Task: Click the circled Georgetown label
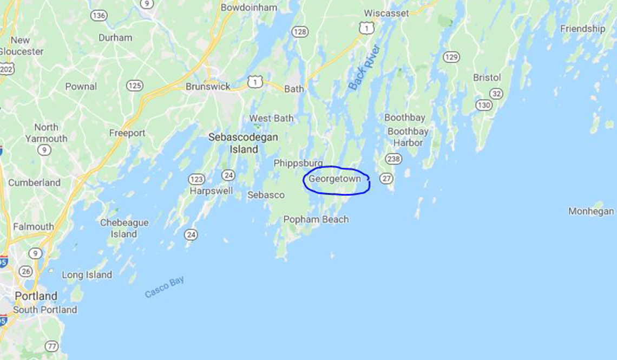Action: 334,179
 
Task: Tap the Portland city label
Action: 36,296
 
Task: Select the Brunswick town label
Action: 208,87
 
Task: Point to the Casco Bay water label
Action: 165,287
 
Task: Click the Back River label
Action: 365,67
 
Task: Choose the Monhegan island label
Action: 591,212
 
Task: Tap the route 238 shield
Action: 393,159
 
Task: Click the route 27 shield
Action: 386,179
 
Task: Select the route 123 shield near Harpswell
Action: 196,179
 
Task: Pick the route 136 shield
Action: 99,16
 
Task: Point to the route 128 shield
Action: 299,32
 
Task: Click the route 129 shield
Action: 451,57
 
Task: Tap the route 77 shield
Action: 52,346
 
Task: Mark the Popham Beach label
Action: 316,219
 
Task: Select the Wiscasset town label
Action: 386,12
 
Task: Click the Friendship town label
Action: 582,29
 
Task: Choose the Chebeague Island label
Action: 123,228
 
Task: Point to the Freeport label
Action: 127,133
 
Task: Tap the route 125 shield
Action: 135,86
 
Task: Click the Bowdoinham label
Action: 249,8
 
